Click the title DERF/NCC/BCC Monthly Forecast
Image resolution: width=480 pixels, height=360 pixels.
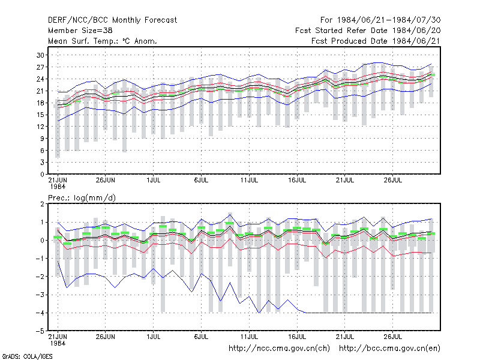pyautogui.click(x=112, y=20)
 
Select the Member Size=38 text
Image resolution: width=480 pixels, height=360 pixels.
pyautogui.click(x=80, y=31)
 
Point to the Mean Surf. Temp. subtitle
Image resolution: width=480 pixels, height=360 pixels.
pyautogui.click(x=103, y=41)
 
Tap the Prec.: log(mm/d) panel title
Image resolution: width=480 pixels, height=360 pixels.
pyautogui.click(x=82, y=198)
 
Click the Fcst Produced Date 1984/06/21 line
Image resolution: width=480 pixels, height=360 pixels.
pyautogui.click(x=376, y=41)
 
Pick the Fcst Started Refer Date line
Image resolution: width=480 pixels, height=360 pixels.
pyautogui.click(x=368, y=31)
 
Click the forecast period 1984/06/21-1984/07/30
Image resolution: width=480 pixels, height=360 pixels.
pyautogui.click(x=380, y=20)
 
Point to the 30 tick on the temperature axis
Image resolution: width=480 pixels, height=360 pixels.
pyautogui.click(x=40, y=55)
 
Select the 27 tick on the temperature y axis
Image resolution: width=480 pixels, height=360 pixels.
pyautogui.click(x=40, y=67)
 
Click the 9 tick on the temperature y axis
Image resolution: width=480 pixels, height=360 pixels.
pyautogui.click(x=42, y=139)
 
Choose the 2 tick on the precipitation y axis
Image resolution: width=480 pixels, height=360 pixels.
pyautogui.click(x=42, y=204)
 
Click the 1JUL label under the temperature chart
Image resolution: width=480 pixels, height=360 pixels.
pyautogui.click(x=154, y=180)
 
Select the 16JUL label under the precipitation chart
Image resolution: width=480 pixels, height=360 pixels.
pyautogui.click(x=297, y=337)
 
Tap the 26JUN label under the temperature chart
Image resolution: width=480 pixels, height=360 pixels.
pyautogui.click(x=106, y=180)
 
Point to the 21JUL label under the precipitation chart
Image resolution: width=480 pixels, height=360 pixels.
pyautogui.click(x=344, y=337)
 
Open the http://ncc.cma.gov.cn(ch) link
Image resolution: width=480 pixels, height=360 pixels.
pyautogui.click(x=279, y=349)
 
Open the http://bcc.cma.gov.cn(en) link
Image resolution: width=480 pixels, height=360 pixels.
pyautogui.click(x=389, y=349)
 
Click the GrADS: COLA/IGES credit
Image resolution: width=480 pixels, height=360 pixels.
pyautogui.click(x=27, y=356)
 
